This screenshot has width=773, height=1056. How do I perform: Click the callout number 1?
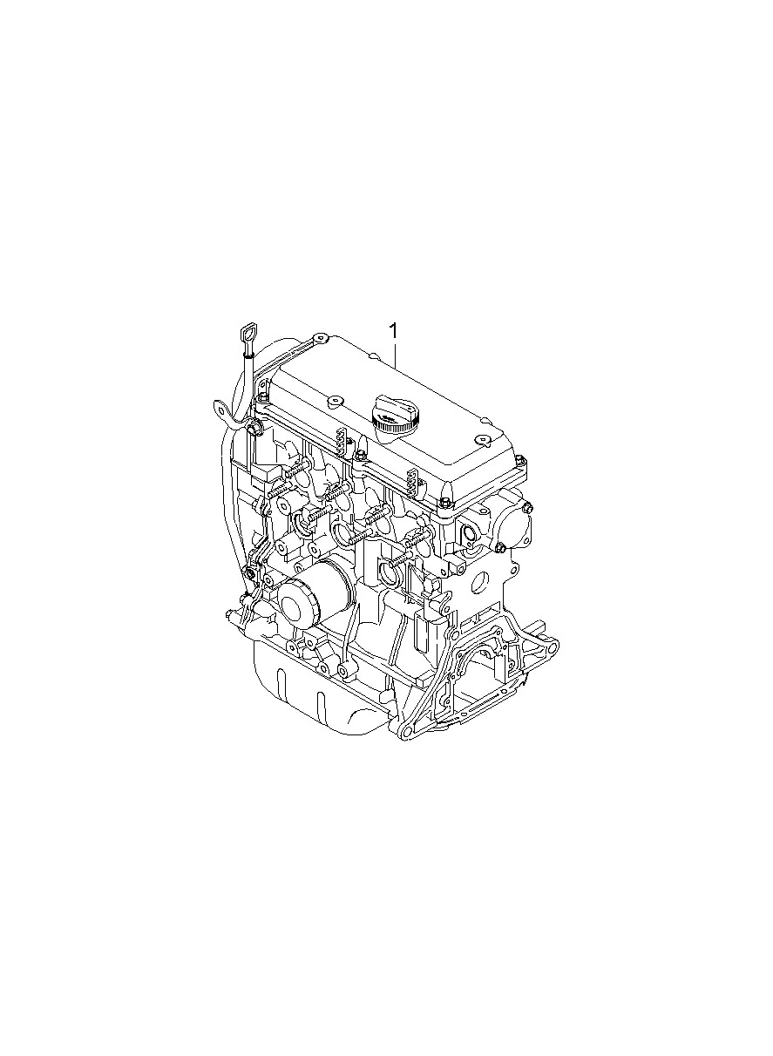[393, 331]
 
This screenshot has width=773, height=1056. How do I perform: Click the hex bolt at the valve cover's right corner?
[519, 461]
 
